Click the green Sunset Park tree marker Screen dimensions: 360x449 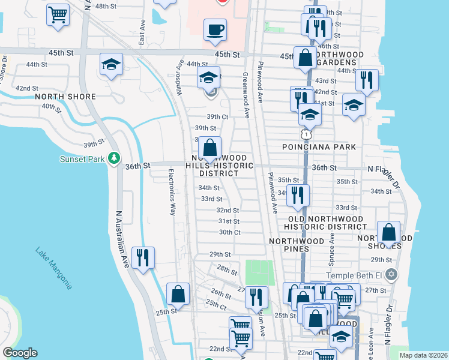pos(115,159)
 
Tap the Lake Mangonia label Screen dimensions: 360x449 pos(54,268)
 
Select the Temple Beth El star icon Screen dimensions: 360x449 pos(392,275)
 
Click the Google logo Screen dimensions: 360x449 pos(20,353)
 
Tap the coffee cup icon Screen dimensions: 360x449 pos(215,29)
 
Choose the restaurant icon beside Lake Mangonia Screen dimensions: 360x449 pos(143,257)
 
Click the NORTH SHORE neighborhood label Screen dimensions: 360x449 pos(65,97)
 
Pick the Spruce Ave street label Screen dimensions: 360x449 pos(330,250)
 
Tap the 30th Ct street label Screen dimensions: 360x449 pos(229,232)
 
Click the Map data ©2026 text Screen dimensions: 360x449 pos(423,355)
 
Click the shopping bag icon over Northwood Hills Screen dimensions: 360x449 pos(209,148)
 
